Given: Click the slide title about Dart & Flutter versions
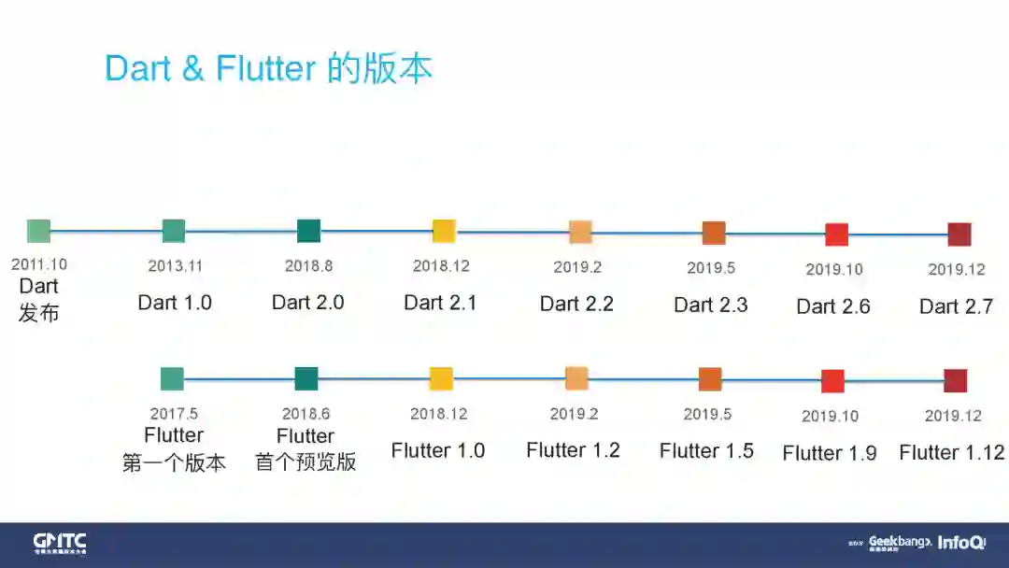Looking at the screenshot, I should pos(268,69).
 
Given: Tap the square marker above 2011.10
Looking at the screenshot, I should pos(38,231).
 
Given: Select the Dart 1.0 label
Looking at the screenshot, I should pos(175,302).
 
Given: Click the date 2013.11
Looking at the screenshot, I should pos(175,266).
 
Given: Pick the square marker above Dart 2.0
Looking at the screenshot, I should pos(308,231).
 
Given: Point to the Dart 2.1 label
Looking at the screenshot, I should pos(440,302).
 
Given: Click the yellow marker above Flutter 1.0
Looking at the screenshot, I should pos(441,378).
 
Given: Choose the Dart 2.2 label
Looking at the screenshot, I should pos(576,304).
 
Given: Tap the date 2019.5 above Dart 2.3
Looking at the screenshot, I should pos(711,268).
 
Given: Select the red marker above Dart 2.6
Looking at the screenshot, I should pos(836,234).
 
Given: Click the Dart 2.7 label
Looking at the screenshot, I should pos(956,306).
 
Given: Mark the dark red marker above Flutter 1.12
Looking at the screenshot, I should pos(955,381).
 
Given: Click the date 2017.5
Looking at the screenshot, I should pos(174,413).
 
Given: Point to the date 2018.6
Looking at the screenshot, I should pos(306,413).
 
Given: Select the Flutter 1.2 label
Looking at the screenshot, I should pos(573,450).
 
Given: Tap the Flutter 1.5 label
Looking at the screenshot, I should pos(706,450).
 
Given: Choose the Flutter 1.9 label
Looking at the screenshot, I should pos(830,453).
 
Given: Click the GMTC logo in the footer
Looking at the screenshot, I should pos(60,543).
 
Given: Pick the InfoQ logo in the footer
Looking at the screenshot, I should pos(961,543).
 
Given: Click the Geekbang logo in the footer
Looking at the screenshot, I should pos(900,543).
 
